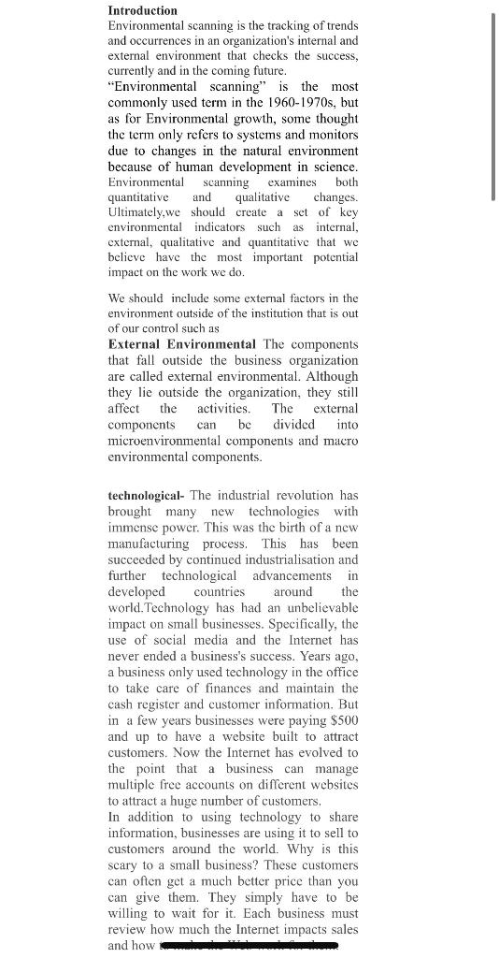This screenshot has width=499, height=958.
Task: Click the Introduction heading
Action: coord(142,10)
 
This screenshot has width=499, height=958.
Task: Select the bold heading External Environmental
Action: coord(181,344)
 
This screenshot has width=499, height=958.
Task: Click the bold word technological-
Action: coord(146,495)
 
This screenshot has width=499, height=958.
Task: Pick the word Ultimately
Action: coord(140,211)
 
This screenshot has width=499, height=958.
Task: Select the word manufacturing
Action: coord(150,544)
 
